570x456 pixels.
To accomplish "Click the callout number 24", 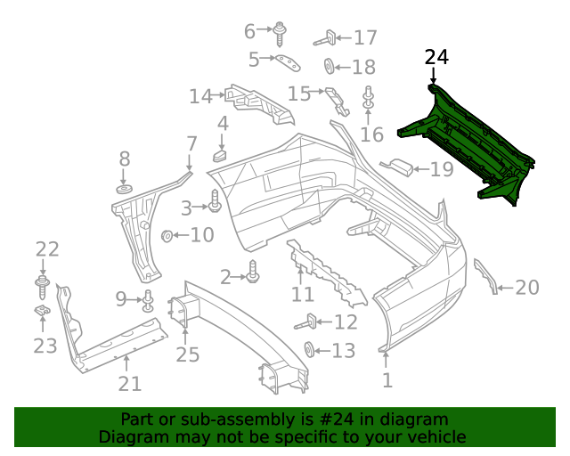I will pyautogui.click(x=436, y=58).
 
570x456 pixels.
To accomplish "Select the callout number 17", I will pyautogui.click(x=365, y=37).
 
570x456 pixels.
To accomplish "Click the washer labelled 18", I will pyautogui.click(x=329, y=66).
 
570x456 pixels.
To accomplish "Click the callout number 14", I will pyautogui.click(x=200, y=95).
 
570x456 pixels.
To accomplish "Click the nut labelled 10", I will pyautogui.click(x=167, y=236).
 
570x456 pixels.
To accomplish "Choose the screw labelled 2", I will pyautogui.click(x=253, y=274).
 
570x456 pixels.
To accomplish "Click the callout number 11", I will pyautogui.click(x=303, y=294).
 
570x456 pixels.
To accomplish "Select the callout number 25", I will pyautogui.click(x=187, y=355).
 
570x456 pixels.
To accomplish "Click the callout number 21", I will pyautogui.click(x=130, y=384).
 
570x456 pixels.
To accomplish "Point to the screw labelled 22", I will pyautogui.click(x=42, y=283).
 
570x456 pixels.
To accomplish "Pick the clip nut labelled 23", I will pyautogui.click(x=42, y=311).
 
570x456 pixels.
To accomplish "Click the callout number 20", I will pyautogui.click(x=527, y=287).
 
